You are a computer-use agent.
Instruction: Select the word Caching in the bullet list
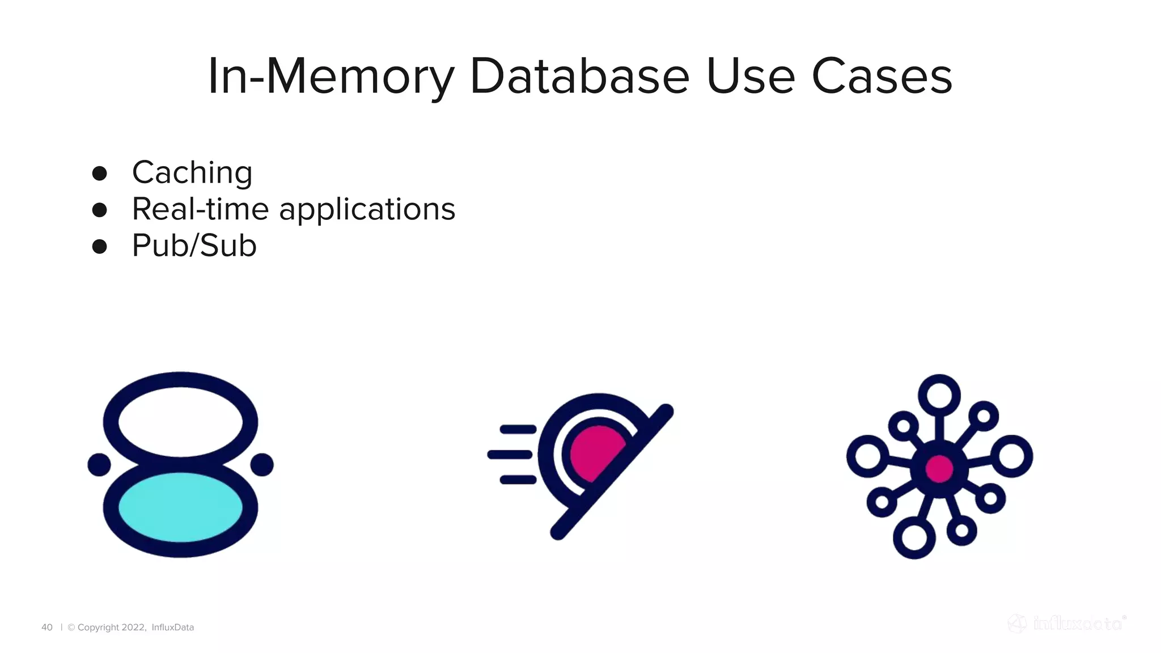click(x=192, y=172)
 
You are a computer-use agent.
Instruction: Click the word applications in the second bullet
click(x=367, y=209)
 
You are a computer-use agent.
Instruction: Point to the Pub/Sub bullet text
click(x=194, y=245)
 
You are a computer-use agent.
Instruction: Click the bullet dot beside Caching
click(x=100, y=173)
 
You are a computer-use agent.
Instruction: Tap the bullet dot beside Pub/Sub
click(x=100, y=247)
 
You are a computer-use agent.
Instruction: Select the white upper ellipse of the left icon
click(x=180, y=422)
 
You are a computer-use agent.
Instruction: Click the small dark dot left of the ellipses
click(x=99, y=465)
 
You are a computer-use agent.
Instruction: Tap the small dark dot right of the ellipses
click(x=262, y=465)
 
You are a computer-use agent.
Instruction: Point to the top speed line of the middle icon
click(x=518, y=429)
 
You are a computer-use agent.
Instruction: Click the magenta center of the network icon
click(x=939, y=469)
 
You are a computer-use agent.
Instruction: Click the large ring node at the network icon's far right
click(x=1012, y=456)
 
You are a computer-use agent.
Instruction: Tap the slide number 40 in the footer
click(x=47, y=627)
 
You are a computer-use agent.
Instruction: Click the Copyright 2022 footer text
click(x=111, y=627)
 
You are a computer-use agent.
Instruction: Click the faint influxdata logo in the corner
click(x=1067, y=624)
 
